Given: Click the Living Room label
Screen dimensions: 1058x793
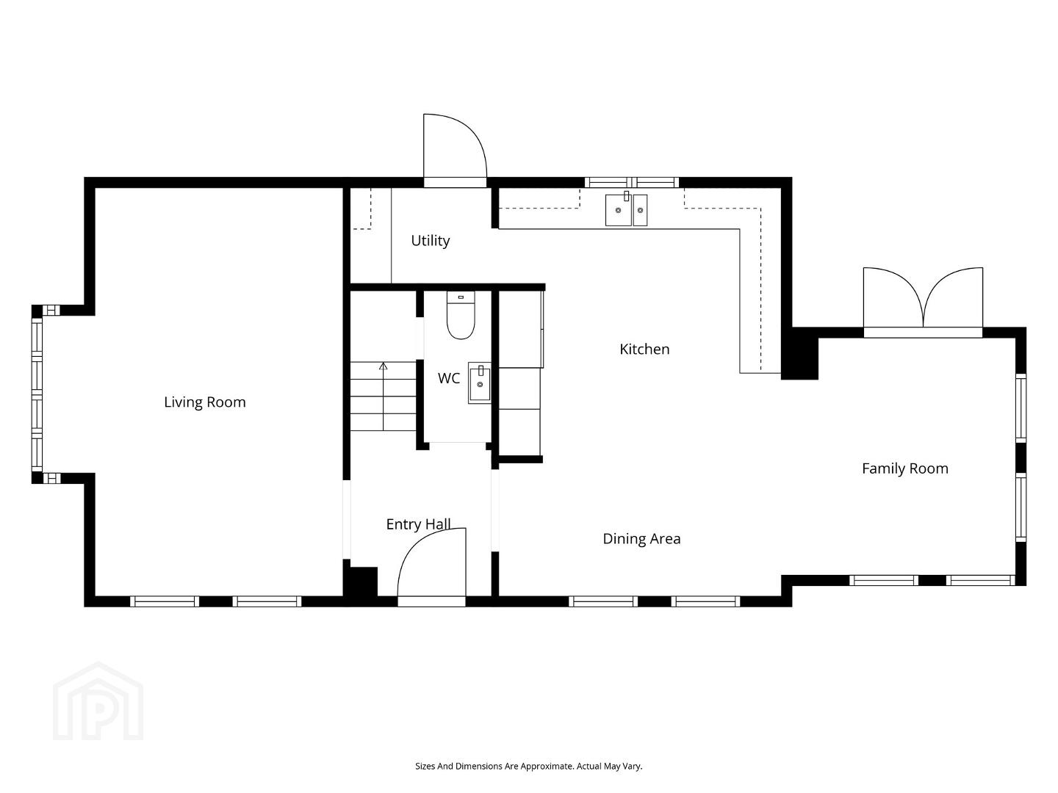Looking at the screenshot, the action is [x=205, y=402].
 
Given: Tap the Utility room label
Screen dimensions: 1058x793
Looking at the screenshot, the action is [x=431, y=240].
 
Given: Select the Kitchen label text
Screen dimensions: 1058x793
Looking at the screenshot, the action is [x=644, y=349].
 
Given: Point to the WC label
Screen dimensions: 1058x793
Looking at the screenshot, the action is [x=449, y=378].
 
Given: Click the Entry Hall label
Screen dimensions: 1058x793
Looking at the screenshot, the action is [x=418, y=524].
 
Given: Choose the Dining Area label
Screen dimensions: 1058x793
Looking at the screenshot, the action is [x=641, y=538].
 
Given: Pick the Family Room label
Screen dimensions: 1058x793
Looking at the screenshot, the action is [x=904, y=468].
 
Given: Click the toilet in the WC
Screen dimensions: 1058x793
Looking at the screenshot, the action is [x=461, y=315].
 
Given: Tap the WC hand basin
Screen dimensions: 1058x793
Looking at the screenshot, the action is [x=480, y=383].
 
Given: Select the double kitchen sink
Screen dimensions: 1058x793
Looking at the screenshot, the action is [x=626, y=209].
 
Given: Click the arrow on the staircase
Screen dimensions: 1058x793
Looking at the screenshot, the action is [x=384, y=396].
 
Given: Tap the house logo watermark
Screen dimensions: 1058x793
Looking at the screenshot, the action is [x=98, y=701].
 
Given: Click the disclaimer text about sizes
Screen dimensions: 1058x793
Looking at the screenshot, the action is [x=529, y=766].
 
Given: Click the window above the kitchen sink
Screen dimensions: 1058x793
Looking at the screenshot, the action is [x=631, y=183].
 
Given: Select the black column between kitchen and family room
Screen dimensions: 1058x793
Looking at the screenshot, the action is [x=799, y=353].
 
